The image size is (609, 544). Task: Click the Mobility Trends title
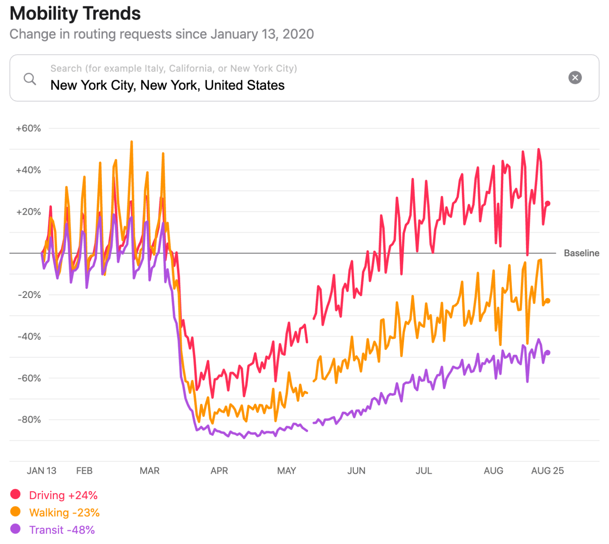tap(75, 13)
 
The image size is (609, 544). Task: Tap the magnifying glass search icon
tap(30, 79)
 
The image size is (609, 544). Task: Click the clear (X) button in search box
tap(575, 77)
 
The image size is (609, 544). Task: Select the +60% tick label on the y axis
tap(28, 129)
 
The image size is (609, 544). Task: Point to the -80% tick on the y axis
tap(29, 420)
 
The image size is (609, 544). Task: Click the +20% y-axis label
tap(28, 212)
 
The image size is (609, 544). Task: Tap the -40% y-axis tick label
tap(29, 336)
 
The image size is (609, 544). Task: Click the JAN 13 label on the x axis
tap(41, 471)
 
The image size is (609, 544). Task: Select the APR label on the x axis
tap(219, 471)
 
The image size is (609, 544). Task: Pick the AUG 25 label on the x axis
tap(547, 471)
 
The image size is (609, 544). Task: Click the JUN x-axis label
tap(356, 471)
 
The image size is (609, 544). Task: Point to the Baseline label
tap(581, 253)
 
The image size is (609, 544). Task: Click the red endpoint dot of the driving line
tap(548, 204)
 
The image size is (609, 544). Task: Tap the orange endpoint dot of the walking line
tap(548, 301)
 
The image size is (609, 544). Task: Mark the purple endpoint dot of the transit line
tap(548, 353)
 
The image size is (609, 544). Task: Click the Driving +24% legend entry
tap(63, 496)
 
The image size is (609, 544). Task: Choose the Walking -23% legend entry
tap(64, 513)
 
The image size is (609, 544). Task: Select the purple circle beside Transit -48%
tap(15, 529)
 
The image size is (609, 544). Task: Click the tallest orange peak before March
tap(132, 142)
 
